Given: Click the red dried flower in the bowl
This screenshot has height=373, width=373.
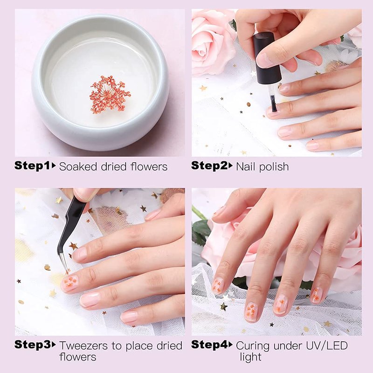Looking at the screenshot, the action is point(110,95).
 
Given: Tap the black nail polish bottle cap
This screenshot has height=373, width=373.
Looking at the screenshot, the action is point(267,59).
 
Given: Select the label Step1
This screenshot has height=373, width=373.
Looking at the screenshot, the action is point(32,166).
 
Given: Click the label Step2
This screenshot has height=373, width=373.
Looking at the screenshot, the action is point(209,166).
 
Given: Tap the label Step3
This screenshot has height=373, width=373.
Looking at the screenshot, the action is point(32,345).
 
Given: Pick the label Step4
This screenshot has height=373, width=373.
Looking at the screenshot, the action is point(209,345).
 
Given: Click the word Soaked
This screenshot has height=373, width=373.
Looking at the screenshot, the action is point(78,166).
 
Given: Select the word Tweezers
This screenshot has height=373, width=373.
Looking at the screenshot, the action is point(83,345).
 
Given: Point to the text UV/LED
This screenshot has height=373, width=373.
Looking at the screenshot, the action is point(327,345).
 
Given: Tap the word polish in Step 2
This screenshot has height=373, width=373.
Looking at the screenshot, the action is point(274,167).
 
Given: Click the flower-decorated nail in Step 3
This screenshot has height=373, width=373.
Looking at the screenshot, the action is point(69,283).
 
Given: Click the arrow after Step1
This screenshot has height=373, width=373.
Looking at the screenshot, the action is point(54,166).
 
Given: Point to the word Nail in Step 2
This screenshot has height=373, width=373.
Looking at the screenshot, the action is point(246,166).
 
